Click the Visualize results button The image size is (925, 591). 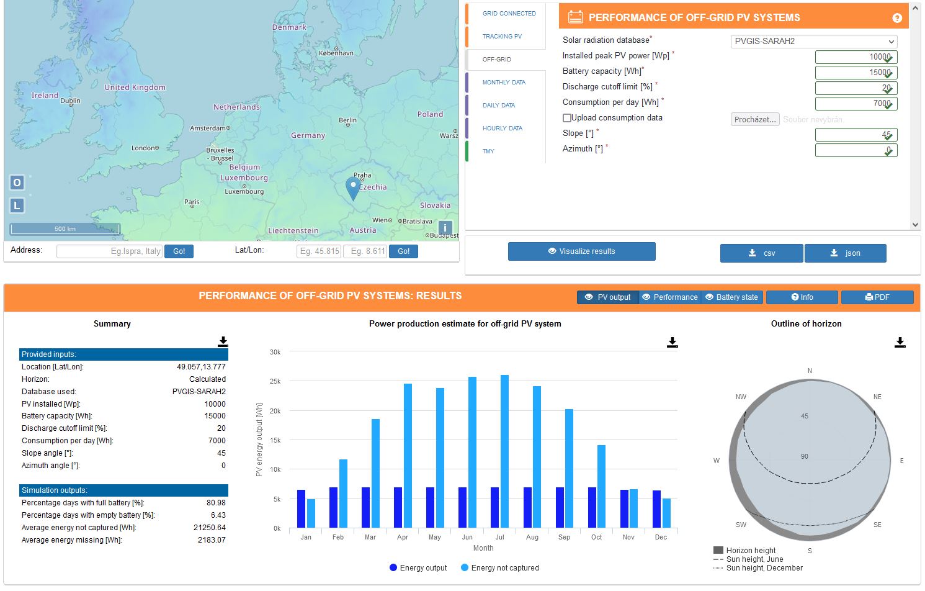point(581,251)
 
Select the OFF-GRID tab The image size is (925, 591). point(497,60)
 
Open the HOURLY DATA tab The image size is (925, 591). point(502,129)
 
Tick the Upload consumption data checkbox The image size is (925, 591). point(567,118)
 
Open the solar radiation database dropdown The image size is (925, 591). point(814,42)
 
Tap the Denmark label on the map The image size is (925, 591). point(289,27)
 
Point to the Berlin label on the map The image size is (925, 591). point(347,120)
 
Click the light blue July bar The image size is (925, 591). point(504,451)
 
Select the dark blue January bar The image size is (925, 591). point(302,508)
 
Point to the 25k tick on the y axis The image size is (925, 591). point(275,381)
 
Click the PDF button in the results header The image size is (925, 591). point(877,297)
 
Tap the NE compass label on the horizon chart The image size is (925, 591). point(877,397)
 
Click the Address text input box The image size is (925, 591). point(109,251)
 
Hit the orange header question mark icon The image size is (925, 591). point(897,18)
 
